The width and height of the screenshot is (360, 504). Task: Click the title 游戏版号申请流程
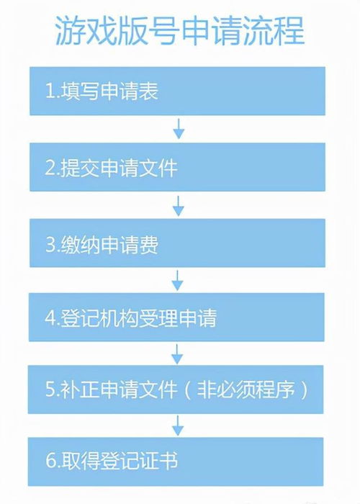180,31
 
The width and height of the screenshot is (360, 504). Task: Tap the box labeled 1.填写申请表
177,91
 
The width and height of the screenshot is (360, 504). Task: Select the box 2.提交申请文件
177,167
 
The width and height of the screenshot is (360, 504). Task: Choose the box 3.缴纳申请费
177,243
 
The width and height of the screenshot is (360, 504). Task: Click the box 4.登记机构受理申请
176,318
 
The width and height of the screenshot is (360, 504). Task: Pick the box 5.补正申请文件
176,390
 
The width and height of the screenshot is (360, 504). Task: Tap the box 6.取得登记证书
176,462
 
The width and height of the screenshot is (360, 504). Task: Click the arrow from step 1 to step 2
179,129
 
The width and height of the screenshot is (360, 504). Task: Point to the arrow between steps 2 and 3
179,206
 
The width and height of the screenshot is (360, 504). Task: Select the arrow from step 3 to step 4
177,280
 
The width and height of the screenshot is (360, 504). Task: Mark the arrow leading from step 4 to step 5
177,354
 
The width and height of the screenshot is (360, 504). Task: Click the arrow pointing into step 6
178,426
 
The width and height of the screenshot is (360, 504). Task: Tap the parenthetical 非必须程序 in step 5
246,390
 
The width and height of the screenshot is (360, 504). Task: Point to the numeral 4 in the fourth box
50,318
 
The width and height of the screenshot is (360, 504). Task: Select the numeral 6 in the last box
51,461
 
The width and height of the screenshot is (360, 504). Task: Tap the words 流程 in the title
274,31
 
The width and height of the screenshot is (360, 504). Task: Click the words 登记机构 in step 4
99,318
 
